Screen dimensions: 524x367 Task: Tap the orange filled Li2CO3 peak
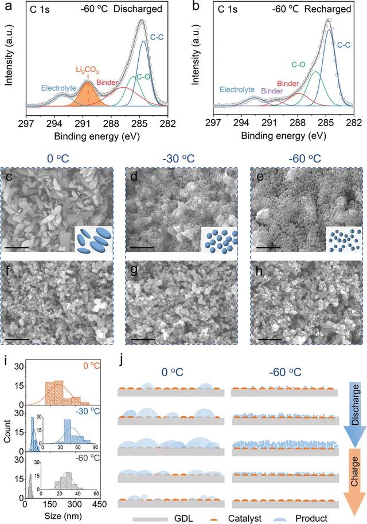click(x=88, y=95)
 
